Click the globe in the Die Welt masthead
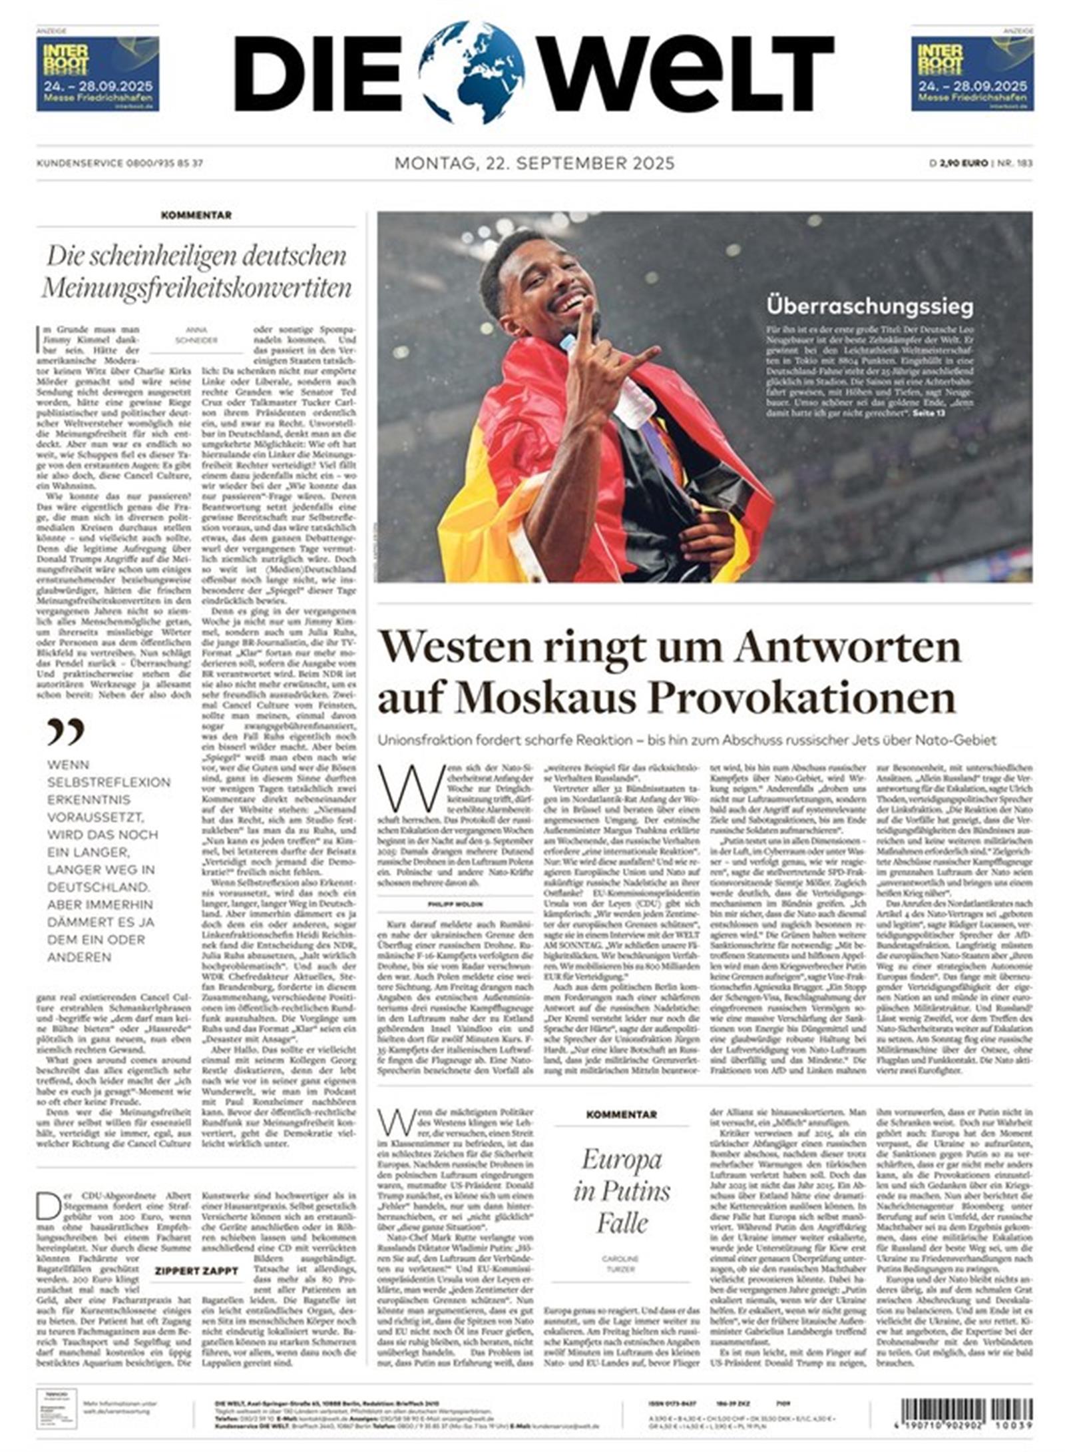pyautogui.click(x=471, y=72)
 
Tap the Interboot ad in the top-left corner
pyautogui.click(x=97, y=73)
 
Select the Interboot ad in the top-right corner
pyautogui.click(x=971, y=73)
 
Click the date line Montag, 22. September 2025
pyautogui.click(x=534, y=163)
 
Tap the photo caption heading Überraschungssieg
pyautogui.click(x=869, y=306)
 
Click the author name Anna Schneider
pyautogui.click(x=196, y=334)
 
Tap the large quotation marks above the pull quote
pyautogui.click(x=65, y=731)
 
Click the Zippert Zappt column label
pyautogui.click(x=196, y=1271)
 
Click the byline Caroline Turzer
pyautogui.click(x=620, y=1264)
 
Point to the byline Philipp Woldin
pyautogui.click(x=456, y=905)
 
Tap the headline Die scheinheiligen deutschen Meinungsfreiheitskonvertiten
pyautogui.click(x=196, y=272)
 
